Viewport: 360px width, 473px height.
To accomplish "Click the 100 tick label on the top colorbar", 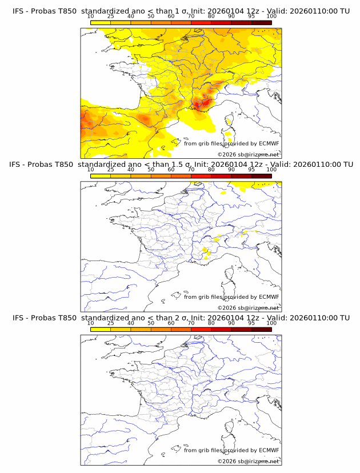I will [x=271, y=16].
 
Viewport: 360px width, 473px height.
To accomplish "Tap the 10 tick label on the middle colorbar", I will [x=91, y=170].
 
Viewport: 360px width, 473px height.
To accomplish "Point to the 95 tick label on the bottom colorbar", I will [x=251, y=323].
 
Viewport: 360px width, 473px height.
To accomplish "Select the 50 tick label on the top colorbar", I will [x=151, y=16].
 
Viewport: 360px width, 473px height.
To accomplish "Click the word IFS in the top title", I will [x=18, y=11].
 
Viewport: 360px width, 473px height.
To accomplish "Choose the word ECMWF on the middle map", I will [x=269, y=297].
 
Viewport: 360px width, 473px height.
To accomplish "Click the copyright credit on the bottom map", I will [x=248, y=462].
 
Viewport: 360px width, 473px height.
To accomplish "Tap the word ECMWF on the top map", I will [x=269, y=143].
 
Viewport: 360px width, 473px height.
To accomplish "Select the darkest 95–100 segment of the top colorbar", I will [x=261, y=22].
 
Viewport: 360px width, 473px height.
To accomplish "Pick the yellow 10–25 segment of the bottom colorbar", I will [x=101, y=330].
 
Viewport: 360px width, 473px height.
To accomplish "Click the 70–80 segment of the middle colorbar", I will [x=201, y=176].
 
